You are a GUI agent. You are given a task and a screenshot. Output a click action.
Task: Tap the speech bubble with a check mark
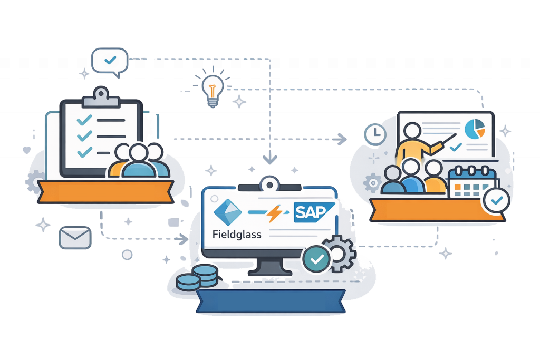click(x=110, y=61)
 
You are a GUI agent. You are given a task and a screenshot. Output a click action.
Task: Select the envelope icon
click(x=75, y=237)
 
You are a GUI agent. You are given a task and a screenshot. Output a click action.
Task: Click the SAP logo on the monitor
click(x=310, y=213)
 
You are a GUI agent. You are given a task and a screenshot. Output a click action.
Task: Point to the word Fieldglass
click(x=237, y=235)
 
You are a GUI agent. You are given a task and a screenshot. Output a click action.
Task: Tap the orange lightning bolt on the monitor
click(x=275, y=213)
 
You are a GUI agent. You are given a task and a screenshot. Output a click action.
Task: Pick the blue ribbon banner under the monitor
click(x=271, y=300)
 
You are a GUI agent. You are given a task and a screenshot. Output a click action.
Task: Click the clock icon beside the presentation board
click(x=375, y=135)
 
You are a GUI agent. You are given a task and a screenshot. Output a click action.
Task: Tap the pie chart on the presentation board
click(x=475, y=128)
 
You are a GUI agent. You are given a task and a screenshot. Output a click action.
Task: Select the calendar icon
click(x=471, y=182)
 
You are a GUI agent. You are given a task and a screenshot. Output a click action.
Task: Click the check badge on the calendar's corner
click(x=496, y=201)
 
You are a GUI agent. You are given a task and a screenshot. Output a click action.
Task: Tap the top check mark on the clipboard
click(x=84, y=120)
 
